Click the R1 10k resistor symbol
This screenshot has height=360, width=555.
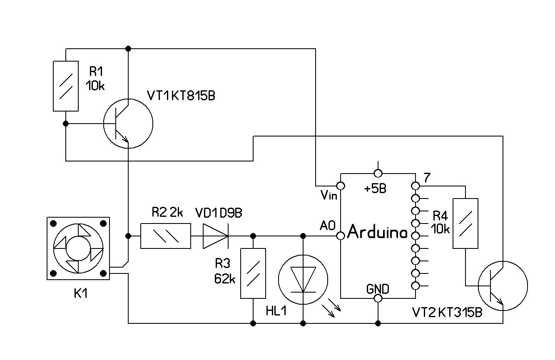[66, 86]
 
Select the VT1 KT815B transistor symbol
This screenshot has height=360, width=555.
[128, 124]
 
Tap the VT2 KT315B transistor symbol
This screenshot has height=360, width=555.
[503, 286]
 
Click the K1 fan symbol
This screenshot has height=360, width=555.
[78, 248]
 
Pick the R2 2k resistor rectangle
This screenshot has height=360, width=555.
[166, 236]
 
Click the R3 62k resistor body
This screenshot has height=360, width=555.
[253, 273]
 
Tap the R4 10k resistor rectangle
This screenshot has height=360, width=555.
[465, 223]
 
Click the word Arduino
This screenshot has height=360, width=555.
[377, 232]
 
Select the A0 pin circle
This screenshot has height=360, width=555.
[341, 236]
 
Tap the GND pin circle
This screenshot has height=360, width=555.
[378, 298]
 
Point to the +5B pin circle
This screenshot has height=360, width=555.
[378, 173]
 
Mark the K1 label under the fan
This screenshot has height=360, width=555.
[81, 293]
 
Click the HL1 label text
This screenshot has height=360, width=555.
[276, 310]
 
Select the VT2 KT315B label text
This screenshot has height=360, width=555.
[447, 313]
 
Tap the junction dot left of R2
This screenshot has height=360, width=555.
[128, 236]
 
